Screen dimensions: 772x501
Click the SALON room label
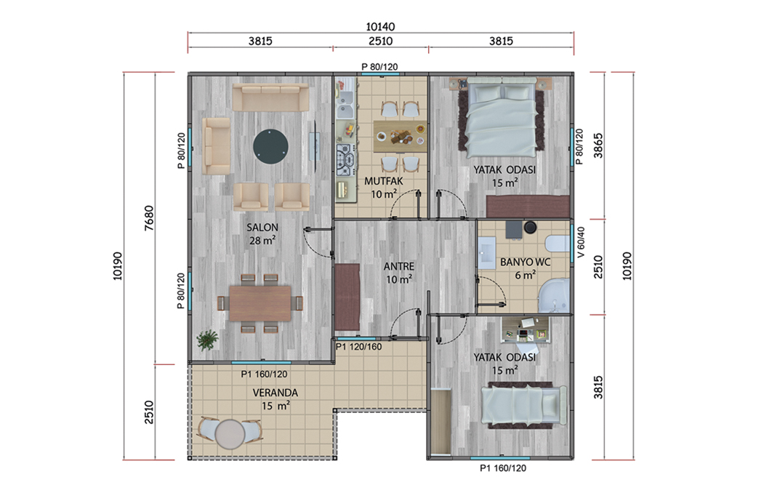coord(262,228)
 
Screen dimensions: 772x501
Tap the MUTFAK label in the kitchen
coord(384,181)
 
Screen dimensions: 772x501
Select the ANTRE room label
coord(399,267)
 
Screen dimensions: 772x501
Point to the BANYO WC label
coord(525,262)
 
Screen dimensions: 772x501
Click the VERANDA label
coord(276,393)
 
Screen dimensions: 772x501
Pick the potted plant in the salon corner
coord(206,340)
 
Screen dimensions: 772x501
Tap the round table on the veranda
coord(230,434)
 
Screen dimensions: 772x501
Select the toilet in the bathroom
coord(558,245)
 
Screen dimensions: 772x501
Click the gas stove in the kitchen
coord(345,159)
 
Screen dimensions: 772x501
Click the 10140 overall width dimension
coord(380,27)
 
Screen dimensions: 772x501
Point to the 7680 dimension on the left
coord(149,217)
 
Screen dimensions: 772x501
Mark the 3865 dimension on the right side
coord(598,145)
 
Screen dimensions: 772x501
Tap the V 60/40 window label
coord(582,242)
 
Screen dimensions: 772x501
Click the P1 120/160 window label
coord(359,347)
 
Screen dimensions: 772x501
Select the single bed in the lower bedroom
coord(524,405)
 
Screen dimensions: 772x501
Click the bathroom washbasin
coord(488,253)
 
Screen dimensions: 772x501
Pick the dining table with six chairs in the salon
coord(260,303)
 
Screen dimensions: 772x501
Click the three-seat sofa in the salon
coord(270,97)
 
